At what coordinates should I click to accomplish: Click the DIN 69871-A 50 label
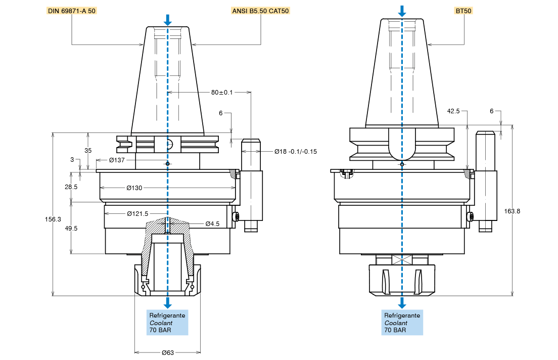pos(71,11)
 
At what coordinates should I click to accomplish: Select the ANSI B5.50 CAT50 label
pos(261,11)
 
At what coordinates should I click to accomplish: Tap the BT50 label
pos(464,11)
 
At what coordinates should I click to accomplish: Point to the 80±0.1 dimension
pos(222,93)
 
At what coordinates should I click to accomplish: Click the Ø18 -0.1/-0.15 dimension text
pos(296,152)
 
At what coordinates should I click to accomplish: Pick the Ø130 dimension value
pos(134,188)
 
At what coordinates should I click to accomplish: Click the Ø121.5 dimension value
pos(137,214)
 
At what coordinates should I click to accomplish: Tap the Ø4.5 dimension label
pos(212,223)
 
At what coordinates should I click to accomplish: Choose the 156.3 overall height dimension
pos(53,219)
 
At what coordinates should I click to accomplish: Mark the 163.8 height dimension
pos(512,211)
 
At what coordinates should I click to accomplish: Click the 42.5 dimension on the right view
pos(453,111)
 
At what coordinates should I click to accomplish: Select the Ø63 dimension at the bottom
pos(168,352)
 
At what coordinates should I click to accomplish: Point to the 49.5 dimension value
pos(71,228)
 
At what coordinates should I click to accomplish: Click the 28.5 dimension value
pos(71,187)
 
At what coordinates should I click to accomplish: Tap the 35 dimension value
pos(88,151)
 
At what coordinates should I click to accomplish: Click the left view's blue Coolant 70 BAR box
pos(167,323)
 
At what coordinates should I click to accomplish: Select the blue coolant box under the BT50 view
pos(402,323)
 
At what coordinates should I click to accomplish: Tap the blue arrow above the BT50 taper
pos(402,11)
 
